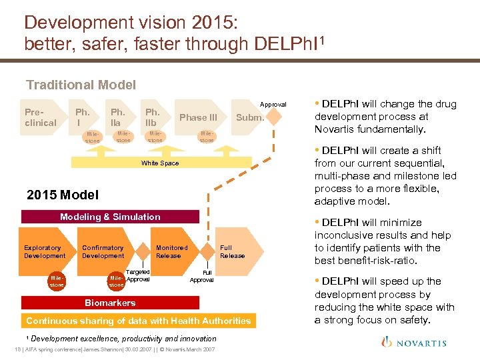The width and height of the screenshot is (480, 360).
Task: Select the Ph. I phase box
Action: click(83, 117)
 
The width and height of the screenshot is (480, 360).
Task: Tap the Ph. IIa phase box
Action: click(119, 117)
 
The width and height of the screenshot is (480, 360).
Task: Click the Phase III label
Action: click(198, 117)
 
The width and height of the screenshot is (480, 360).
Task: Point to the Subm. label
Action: click(251, 117)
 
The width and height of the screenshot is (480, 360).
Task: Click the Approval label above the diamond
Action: click(273, 105)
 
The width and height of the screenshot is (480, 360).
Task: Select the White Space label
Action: click(160, 163)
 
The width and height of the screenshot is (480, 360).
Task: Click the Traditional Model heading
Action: click(81, 85)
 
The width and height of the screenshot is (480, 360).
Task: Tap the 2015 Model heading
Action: click(62, 195)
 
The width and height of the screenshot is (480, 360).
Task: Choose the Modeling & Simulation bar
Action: click(110, 217)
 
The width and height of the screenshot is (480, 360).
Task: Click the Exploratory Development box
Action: click(45, 252)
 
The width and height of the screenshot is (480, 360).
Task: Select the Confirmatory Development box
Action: click(103, 252)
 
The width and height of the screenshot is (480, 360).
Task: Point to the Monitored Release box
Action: click(172, 252)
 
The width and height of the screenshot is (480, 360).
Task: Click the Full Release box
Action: click(232, 252)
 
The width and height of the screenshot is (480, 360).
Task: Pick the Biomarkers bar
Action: click(110, 303)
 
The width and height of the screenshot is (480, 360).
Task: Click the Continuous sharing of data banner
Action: click(139, 321)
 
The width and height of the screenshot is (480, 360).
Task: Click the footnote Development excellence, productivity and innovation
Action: click(123, 339)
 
